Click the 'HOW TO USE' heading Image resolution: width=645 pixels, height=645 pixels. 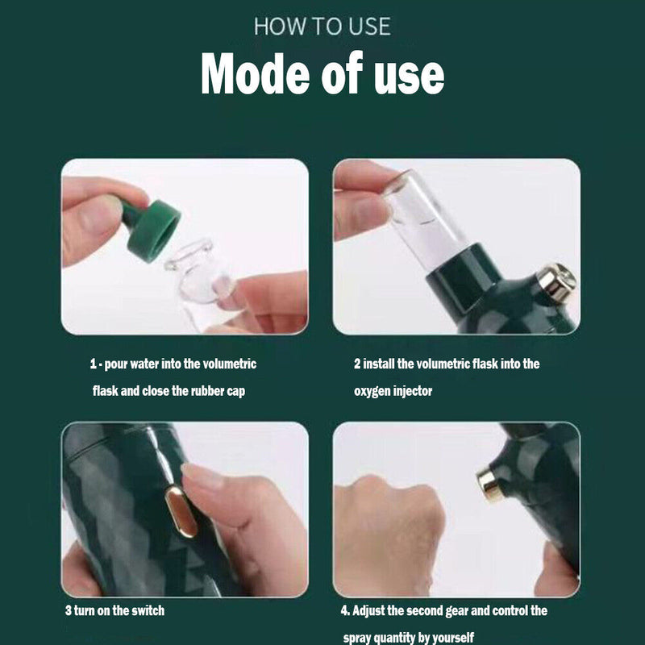pos(322,27)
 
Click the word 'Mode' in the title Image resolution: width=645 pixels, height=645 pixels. pos(255,73)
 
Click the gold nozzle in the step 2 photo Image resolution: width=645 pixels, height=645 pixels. pos(556,281)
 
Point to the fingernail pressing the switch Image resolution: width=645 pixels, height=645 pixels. pos(202,476)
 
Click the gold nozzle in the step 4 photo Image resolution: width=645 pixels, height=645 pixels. pos(489,485)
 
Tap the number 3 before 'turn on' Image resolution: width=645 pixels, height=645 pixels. pos(68,610)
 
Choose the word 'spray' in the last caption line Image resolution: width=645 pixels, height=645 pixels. pos(357,638)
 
